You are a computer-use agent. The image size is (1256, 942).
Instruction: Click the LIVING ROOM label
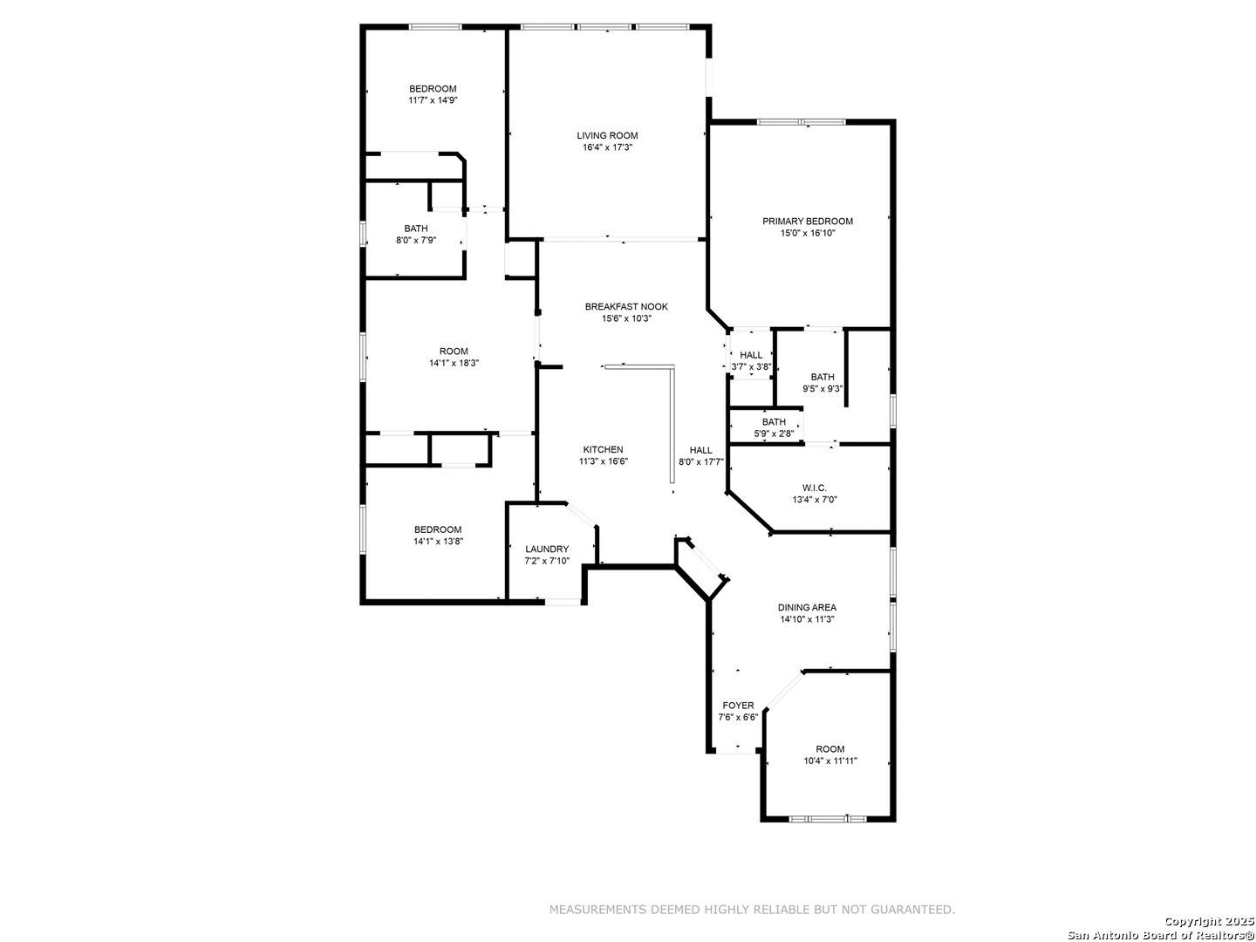pos(606,135)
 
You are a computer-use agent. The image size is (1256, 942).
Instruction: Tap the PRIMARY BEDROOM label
pos(807,222)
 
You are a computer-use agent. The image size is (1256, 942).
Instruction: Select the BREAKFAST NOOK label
pos(626,306)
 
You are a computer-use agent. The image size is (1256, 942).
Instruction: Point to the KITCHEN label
pos(603,449)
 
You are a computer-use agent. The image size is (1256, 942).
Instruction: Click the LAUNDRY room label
pos(547,549)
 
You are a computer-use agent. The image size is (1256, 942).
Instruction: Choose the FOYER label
pos(738,706)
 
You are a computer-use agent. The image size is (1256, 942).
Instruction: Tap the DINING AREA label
pos(807,607)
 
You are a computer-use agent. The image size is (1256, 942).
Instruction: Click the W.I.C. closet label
pos(814,488)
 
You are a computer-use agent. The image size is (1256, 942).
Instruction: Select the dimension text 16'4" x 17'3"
pos(606,147)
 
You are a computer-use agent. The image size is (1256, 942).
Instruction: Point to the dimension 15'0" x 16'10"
pos(807,234)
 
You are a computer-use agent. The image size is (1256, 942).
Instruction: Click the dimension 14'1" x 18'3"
pos(454,363)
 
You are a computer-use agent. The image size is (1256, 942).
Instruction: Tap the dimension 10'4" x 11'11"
pos(829,761)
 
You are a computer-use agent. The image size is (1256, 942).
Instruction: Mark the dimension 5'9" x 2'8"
pos(774,434)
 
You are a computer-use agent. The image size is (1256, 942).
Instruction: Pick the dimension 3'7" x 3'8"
pos(751,367)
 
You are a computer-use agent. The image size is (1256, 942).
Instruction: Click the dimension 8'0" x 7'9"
pos(416,241)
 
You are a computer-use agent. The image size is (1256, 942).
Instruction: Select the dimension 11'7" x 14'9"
pos(433,100)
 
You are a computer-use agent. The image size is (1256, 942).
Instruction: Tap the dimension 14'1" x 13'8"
pos(438,542)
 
